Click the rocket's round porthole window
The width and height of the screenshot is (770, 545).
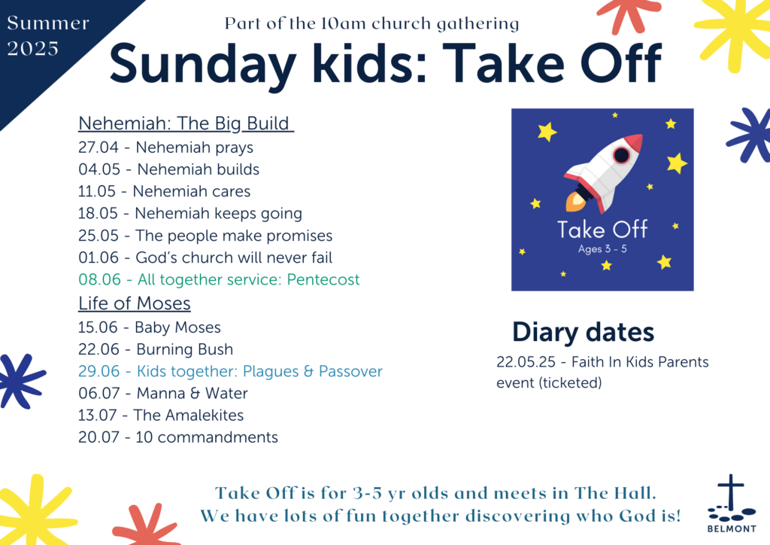click(x=621, y=155)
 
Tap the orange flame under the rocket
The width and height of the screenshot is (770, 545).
click(x=575, y=202)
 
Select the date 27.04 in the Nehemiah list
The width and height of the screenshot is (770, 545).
click(x=99, y=148)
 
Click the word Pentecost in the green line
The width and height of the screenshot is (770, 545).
click(x=323, y=279)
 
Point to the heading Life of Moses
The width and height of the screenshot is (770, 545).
click(x=135, y=303)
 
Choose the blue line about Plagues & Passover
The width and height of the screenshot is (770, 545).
click(x=230, y=371)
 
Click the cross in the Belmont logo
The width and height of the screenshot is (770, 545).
click(x=731, y=492)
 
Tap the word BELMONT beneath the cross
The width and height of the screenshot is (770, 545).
click(x=732, y=528)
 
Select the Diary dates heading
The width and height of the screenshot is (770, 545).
click(x=583, y=332)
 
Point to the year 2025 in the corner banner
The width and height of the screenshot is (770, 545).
click(x=33, y=49)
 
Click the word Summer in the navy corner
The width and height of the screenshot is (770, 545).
click(x=48, y=23)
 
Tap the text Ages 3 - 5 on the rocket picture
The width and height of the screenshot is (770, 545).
click(x=602, y=248)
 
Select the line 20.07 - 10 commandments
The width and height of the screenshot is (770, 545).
click(x=178, y=437)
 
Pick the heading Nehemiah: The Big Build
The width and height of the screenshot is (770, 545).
click(x=186, y=123)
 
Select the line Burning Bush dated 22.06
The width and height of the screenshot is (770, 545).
click(x=156, y=349)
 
